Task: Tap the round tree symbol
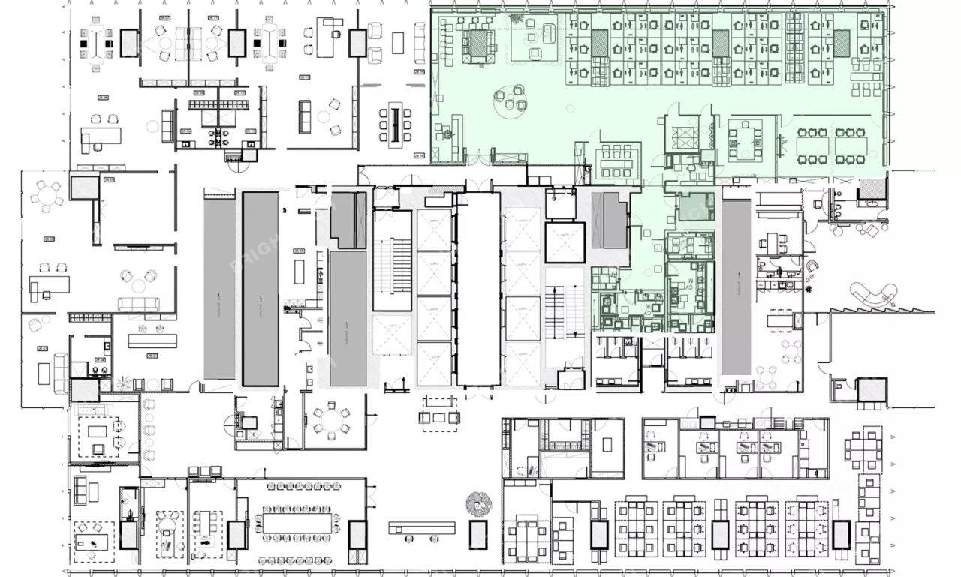[477, 502]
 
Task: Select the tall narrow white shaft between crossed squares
[478, 289]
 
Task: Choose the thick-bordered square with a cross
[564, 242]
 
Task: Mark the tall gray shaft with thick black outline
[260, 288]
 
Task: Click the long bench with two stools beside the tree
[422, 527]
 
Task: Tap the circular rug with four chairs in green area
[514, 100]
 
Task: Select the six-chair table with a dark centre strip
[395, 124]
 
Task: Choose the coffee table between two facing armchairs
[439, 416]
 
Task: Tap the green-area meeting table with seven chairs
[745, 140]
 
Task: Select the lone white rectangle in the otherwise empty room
[299, 268]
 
